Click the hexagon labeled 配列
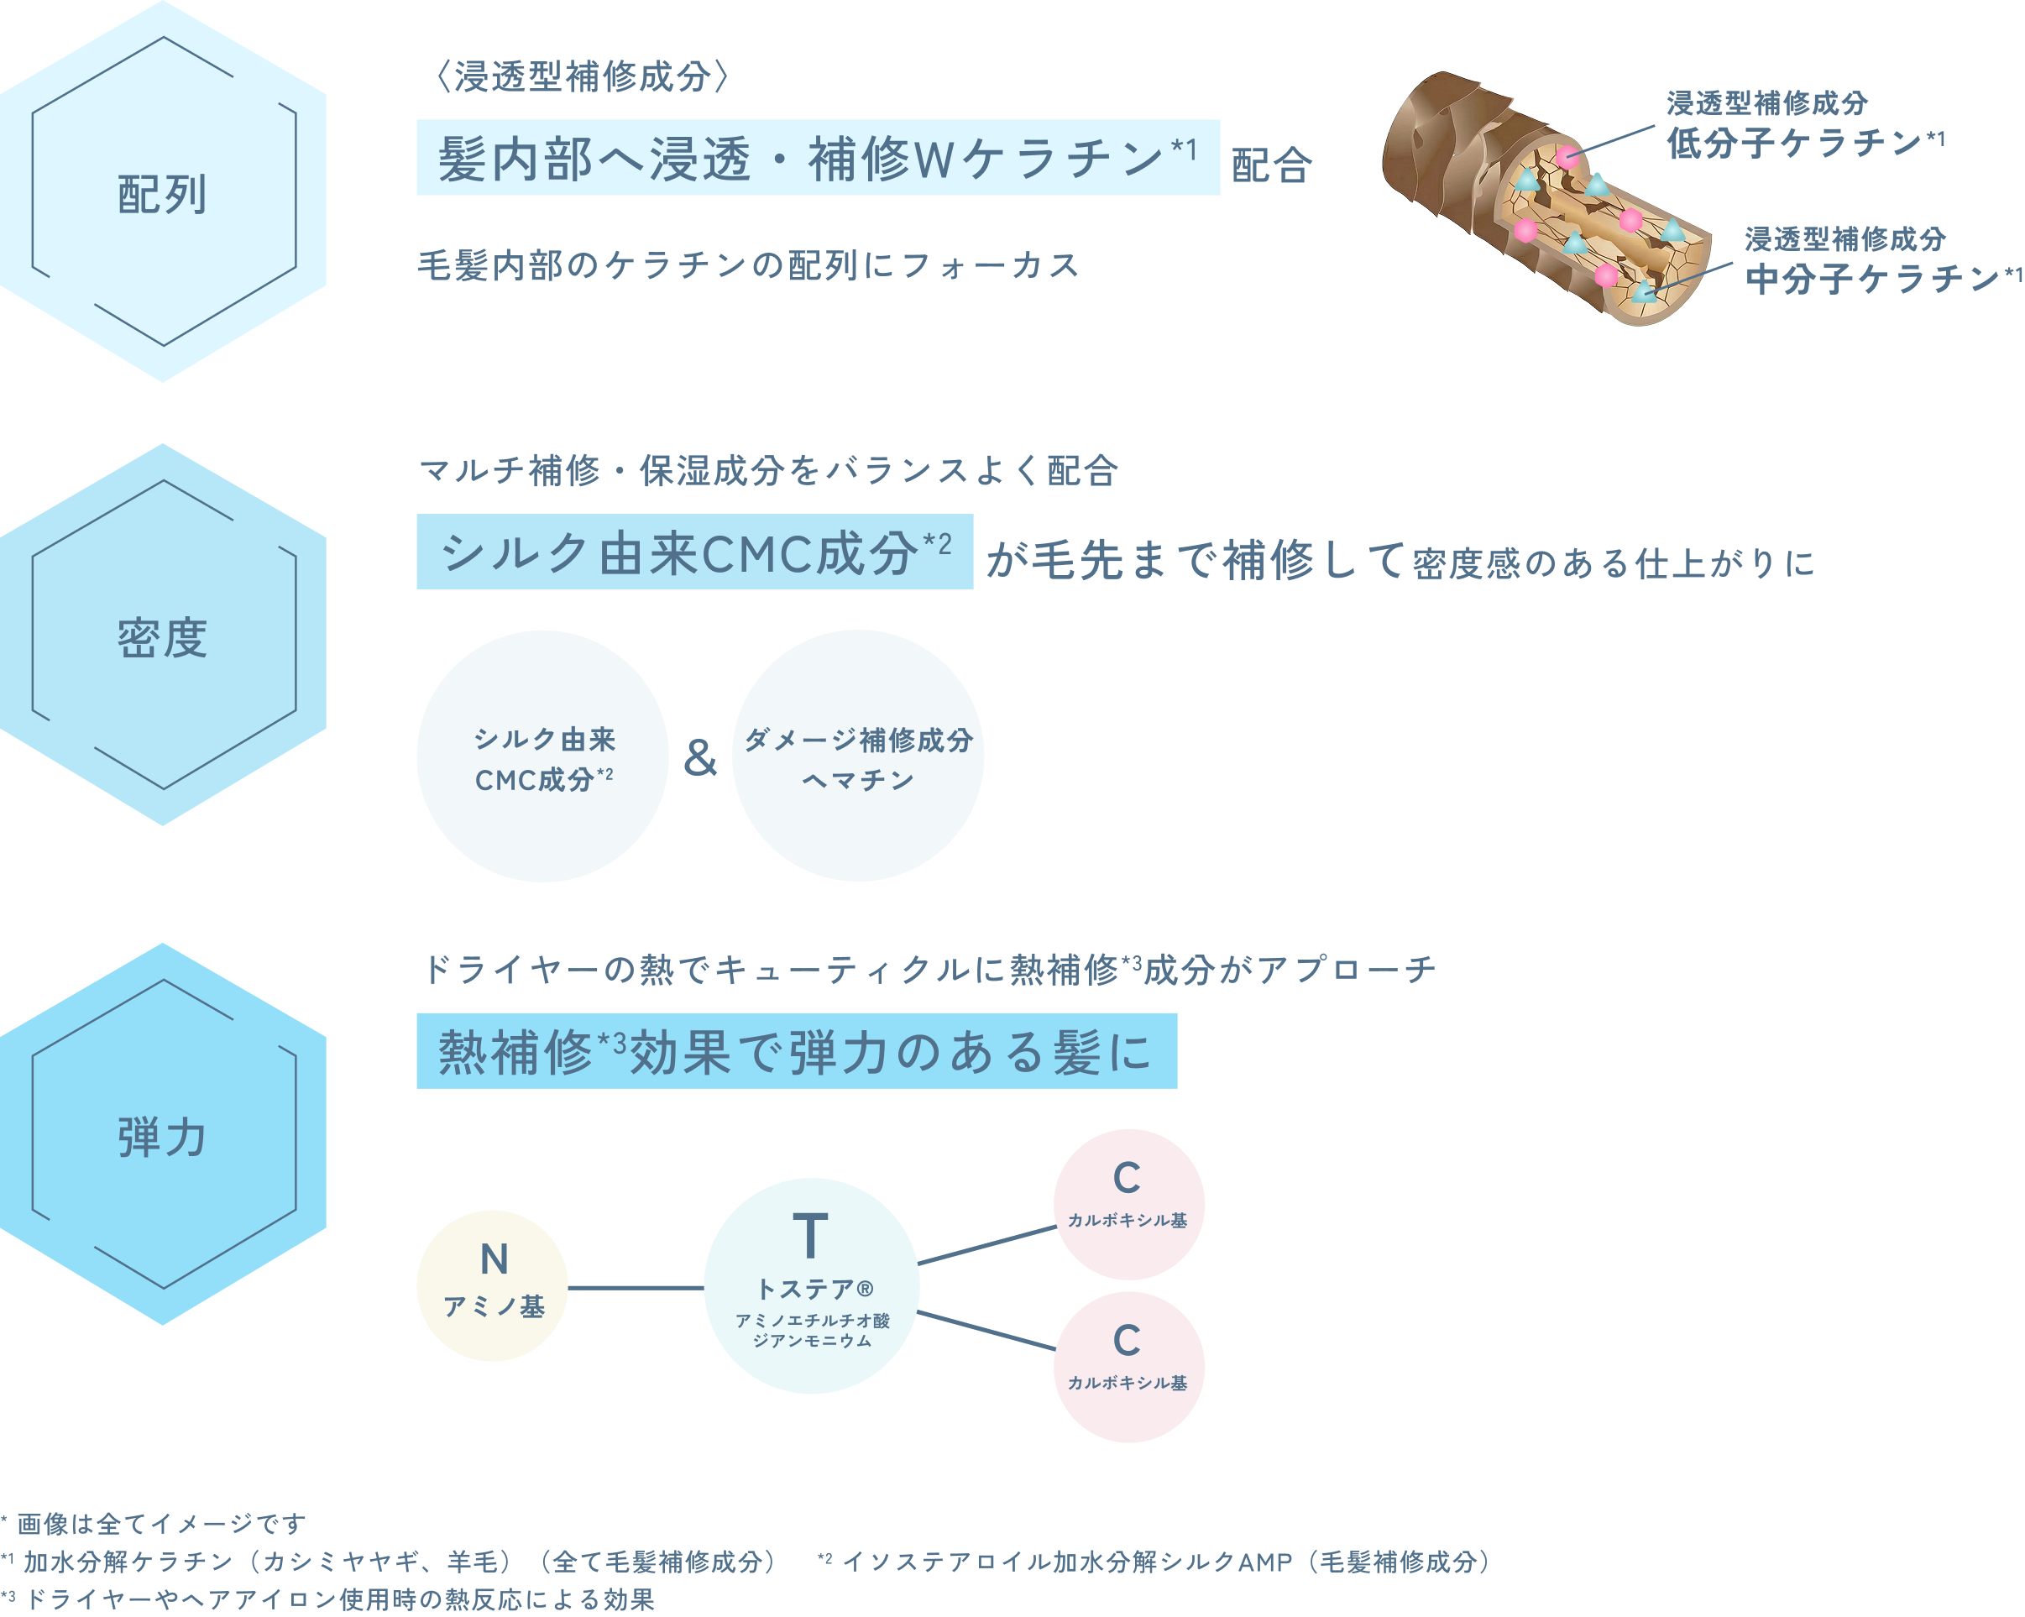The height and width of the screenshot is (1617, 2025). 163,192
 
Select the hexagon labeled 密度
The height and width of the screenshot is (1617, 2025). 163,636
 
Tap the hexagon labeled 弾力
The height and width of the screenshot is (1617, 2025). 163,1134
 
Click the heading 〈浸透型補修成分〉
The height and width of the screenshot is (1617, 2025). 583,77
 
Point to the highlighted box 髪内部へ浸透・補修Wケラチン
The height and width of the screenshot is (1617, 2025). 817,158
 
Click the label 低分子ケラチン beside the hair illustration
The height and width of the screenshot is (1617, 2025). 1803,143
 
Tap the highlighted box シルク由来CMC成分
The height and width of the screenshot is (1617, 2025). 694,552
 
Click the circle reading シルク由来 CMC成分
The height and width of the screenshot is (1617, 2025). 542,756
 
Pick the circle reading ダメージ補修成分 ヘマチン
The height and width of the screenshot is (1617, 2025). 857,756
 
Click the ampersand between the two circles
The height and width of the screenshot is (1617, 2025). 699,758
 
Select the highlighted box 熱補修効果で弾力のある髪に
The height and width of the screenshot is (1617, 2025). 796,1051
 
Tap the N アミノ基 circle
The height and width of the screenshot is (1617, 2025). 492,1285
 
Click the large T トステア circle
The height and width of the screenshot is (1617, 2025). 812,1285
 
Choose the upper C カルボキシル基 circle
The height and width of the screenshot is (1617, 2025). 1128,1204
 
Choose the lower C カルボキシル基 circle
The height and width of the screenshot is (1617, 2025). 1128,1367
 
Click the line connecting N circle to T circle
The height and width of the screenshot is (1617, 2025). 636,1287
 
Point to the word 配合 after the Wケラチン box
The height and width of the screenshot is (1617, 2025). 1272,165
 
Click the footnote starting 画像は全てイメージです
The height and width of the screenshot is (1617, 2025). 160,1523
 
